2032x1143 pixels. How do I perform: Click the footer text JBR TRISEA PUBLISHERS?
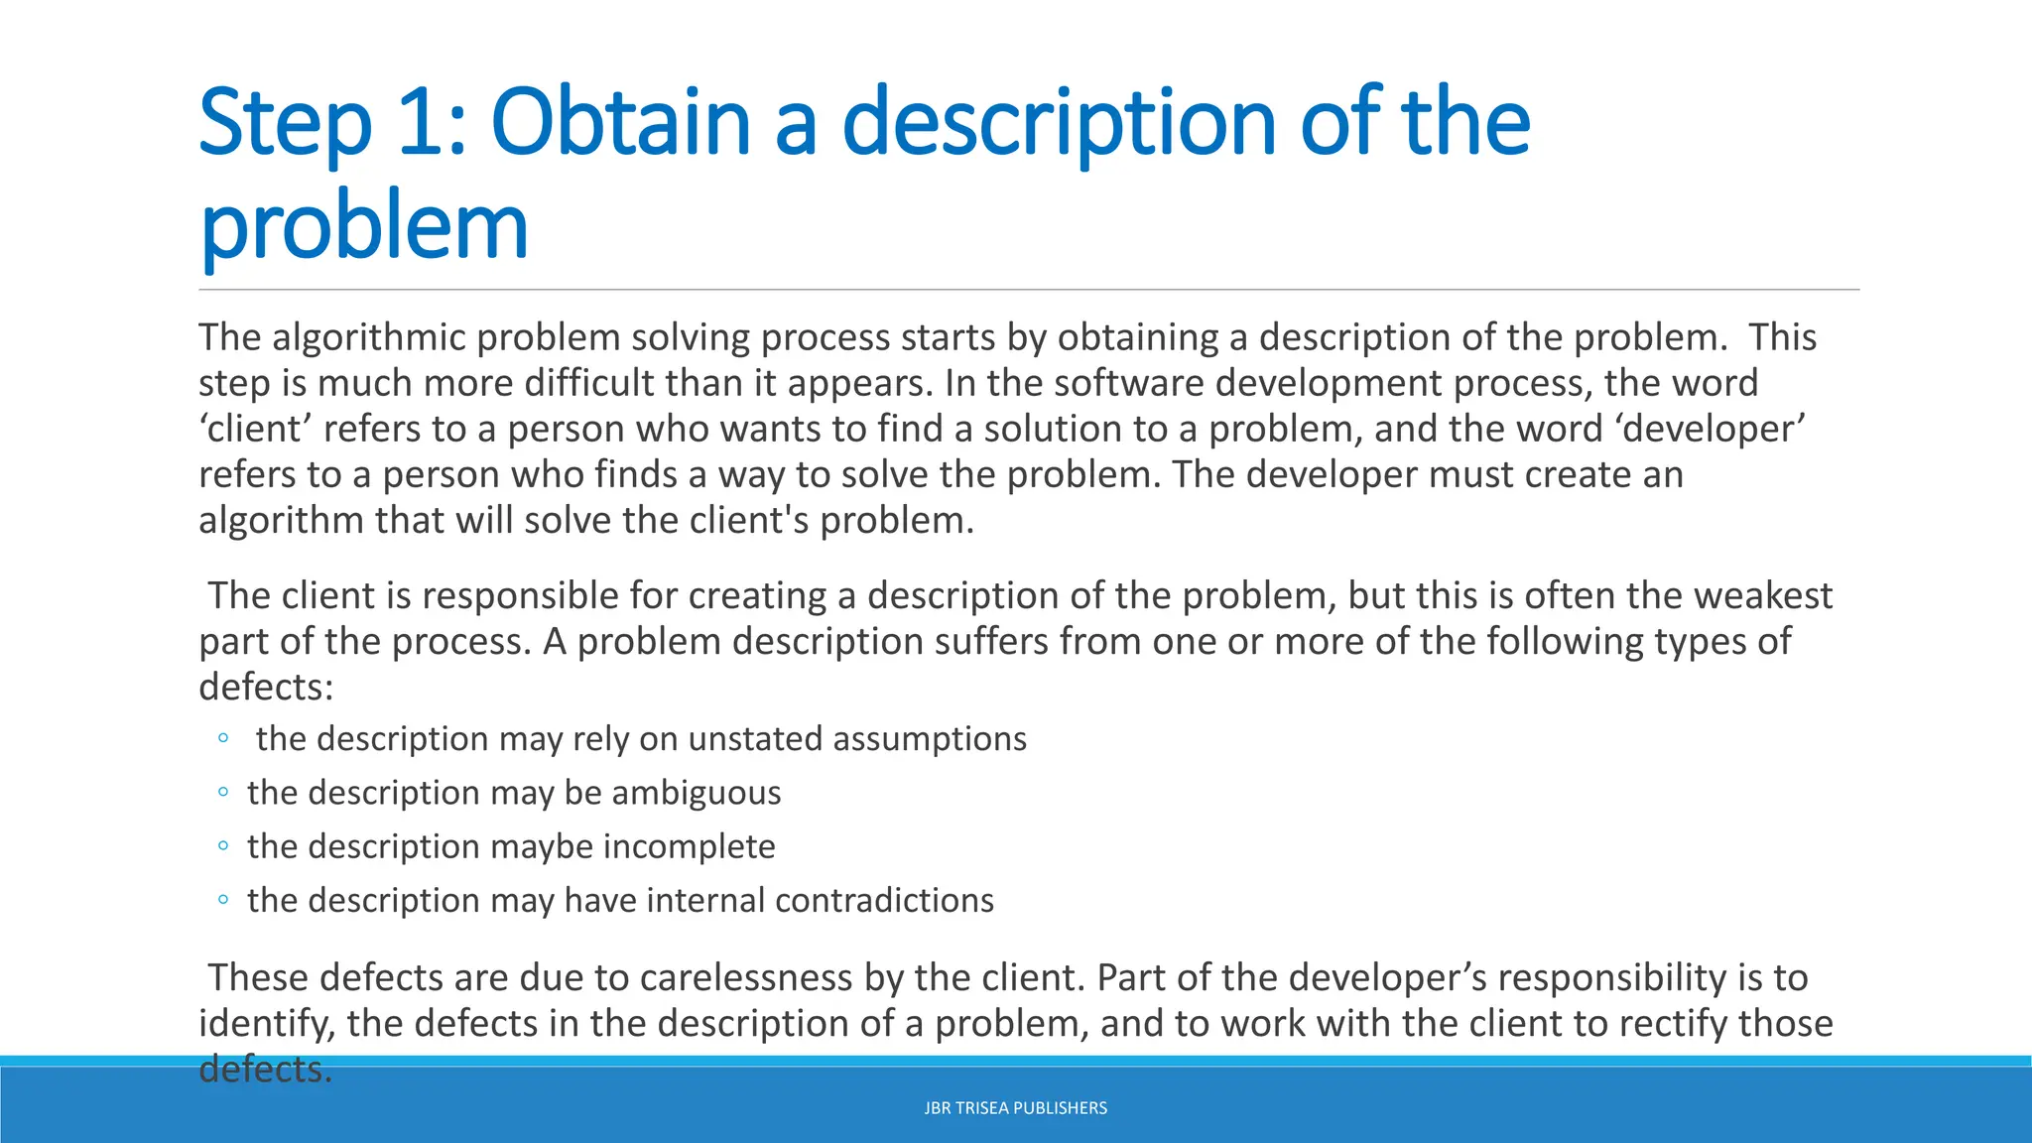point(1015,1108)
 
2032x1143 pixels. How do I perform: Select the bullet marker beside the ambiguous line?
point(223,793)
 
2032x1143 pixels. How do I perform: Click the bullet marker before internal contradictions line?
point(223,900)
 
